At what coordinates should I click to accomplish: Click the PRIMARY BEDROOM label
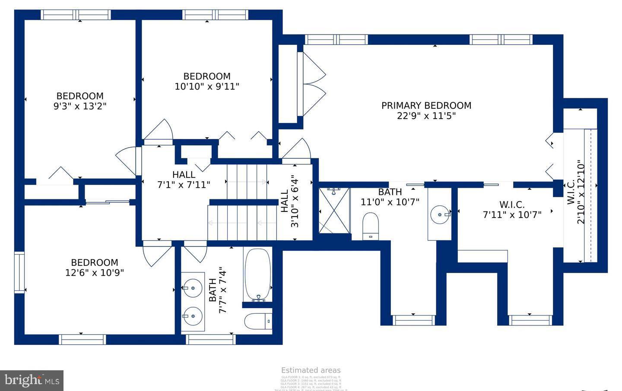click(426, 106)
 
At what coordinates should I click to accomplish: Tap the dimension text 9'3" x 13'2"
click(80, 106)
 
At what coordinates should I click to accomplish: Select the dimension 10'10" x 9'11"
click(207, 86)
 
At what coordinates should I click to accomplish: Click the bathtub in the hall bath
click(257, 275)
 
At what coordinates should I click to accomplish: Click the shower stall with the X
click(335, 211)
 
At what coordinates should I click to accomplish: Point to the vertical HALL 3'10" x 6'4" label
click(289, 201)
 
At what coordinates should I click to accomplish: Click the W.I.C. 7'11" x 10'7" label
click(512, 210)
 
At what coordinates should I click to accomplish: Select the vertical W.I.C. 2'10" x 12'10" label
click(576, 192)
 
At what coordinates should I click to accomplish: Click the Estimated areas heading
click(311, 370)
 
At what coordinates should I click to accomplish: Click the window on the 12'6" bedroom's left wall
click(19, 273)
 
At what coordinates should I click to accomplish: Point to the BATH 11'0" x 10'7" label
click(390, 197)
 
